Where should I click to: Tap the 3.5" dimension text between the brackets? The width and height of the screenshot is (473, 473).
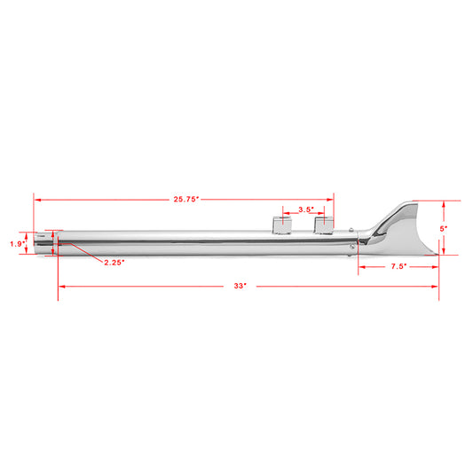click(305, 210)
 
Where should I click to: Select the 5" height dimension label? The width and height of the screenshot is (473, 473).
click(445, 228)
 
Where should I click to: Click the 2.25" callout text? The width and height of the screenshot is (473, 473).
click(114, 262)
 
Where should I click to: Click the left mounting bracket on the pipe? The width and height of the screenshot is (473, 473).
click(282, 225)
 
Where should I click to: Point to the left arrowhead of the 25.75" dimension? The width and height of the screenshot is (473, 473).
click(37, 201)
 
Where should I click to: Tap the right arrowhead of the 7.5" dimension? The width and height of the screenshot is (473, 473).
click(435, 265)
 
